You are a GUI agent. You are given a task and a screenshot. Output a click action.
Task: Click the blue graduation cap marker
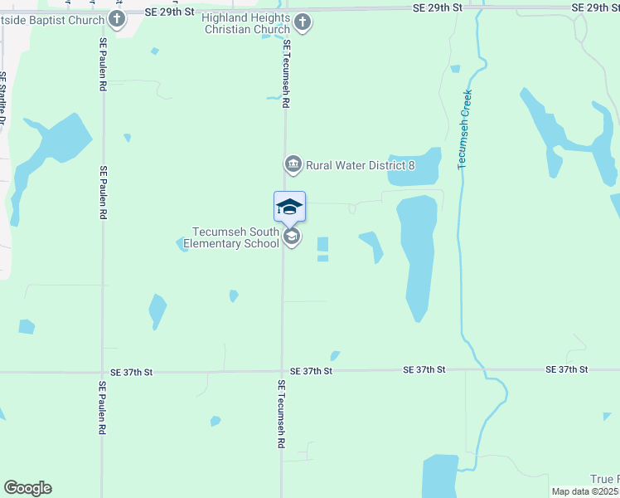point(289,206)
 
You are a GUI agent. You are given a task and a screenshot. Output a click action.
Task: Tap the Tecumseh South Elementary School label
point(235,237)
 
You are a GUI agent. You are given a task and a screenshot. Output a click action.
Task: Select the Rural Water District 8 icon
point(293,165)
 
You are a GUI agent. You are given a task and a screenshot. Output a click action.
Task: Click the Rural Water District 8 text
point(360,166)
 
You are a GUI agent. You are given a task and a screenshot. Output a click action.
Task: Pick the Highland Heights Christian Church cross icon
point(303,22)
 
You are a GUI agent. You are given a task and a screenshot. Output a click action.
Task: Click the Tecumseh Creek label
point(464,129)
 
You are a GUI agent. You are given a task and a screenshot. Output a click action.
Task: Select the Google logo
point(27,488)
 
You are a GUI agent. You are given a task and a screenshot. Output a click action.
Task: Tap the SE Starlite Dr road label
point(3,104)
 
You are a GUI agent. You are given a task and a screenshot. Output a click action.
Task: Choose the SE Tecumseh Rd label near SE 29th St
point(286,74)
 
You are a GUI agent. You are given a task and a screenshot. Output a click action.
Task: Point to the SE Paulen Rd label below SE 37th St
point(101,408)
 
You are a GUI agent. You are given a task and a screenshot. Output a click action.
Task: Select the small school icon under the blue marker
point(291,237)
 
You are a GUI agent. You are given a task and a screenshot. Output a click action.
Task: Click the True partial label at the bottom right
point(603,480)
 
